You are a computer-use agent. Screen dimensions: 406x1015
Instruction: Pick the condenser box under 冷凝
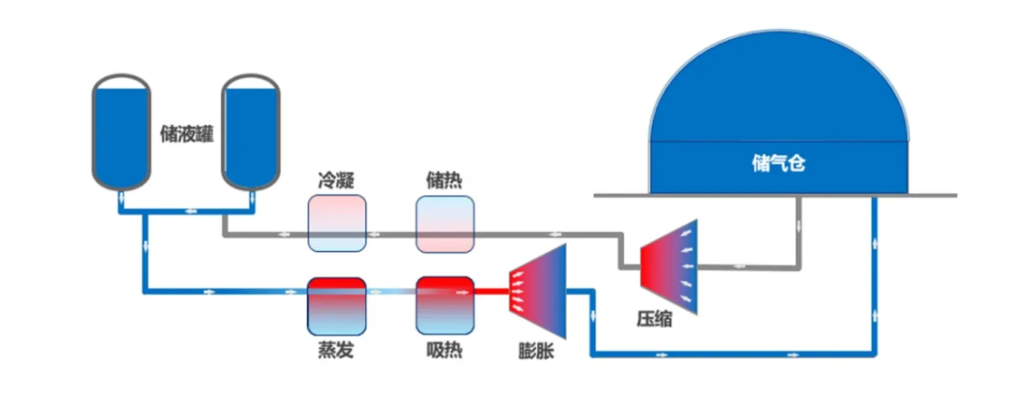point(337,225)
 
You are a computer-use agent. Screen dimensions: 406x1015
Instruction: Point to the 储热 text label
point(444,180)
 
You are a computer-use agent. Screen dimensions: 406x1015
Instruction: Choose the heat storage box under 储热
point(445,225)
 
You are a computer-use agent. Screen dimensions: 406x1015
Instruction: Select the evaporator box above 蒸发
point(336,304)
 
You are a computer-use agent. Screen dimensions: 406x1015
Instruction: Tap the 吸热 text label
point(444,350)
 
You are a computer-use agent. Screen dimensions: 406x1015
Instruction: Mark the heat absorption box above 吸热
point(445,304)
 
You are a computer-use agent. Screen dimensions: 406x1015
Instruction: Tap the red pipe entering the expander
point(492,292)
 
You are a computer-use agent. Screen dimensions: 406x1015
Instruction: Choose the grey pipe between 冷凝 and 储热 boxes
point(391,236)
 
